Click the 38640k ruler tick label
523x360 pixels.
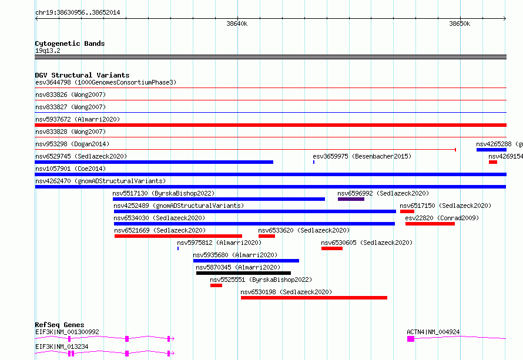pyautogui.click(x=237, y=23)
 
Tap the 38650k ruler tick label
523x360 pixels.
pyautogui.click(x=460, y=23)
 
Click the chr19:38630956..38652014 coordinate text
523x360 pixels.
pyautogui.click(x=78, y=12)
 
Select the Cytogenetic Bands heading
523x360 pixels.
pyautogui.click(x=70, y=43)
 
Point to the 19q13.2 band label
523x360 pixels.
pyautogui.click(x=48, y=51)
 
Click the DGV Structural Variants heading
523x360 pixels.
pyautogui.click(x=82, y=75)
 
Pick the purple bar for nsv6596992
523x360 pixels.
pyautogui.click(x=351, y=199)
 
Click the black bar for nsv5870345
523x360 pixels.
pyautogui.click(x=243, y=273)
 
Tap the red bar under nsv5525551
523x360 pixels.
pyautogui.click(x=216, y=285)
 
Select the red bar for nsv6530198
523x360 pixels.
pyautogui.click(x=314, y=298)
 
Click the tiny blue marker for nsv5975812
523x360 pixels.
pyautogui.click(x=178, y=248)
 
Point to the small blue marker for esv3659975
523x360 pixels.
pyautogui.click(x=314, y=162)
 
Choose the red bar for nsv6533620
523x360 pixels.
pyautogui.click(x=267, y=236)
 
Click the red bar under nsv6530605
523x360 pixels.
pyautogui.click(x=332, y=248)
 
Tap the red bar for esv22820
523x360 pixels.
pyautogui.click(x=430, y=224)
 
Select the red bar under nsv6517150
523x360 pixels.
pyautogui.click(x=407, y=211)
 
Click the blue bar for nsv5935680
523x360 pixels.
pyautogui.click(x=246, y=261)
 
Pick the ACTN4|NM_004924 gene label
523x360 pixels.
pyautogui.click(x=433, y=332)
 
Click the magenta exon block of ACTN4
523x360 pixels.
pyautogui.click(x=411, y=339)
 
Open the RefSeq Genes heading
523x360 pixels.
pyautogui.click(x=60, y=325)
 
